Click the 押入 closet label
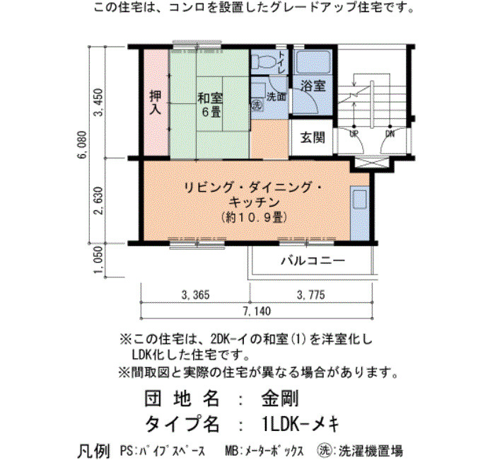click(155, 102)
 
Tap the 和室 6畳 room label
click(210, 105)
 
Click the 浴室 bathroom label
click(313, 86)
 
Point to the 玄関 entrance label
click(313, 137)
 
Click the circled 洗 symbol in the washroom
click(256, 105)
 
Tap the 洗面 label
click(276, 96)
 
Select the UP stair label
click(354, 134)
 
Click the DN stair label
click(390, 134)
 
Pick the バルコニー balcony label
click(313, 261)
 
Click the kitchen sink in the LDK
click(359, 199)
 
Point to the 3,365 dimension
click(195, 295)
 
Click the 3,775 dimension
click(311, 295)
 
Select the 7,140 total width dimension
click(257, 311)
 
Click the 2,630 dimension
click(99, 200)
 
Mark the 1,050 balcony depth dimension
click(99, 260)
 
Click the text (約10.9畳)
click(254, 217)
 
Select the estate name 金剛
click(280, 398)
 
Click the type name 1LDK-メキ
click(301, 423)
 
